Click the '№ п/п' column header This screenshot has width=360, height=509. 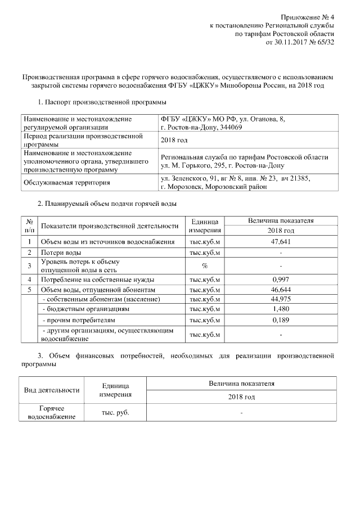[29, 226]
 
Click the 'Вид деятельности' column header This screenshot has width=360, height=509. [51, 390]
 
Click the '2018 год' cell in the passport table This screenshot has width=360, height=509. [174, 140]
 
